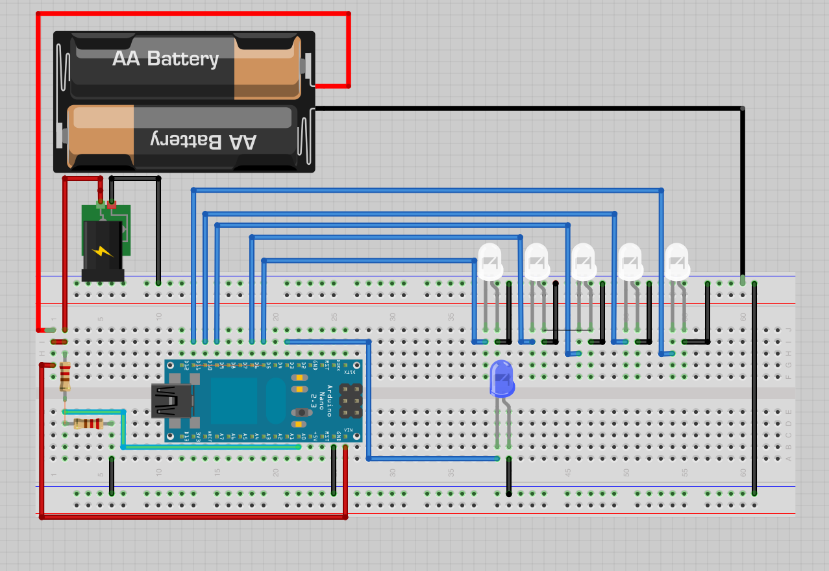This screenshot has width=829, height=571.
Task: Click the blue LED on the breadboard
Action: pyautogui.click(x=501, y=380)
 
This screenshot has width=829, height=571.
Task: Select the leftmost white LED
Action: pyautogui.click(x=490, y=261)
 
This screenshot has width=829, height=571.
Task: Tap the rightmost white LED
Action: pyautogui.click(x=677, y=261)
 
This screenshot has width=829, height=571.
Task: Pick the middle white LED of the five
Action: pyautogui.click(x=584, y=261)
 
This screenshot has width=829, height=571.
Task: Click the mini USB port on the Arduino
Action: pyautogui.click(x=170, y=400)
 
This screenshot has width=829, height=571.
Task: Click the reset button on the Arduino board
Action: pyautogui.click(x=300, y=413)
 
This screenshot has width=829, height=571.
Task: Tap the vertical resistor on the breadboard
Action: pyautogui.click(x=65, y=376)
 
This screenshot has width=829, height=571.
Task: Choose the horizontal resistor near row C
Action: pyautogui.click(x=88, y=424)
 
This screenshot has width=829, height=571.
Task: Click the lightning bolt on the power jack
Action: pyautogui.click(x=103, y=251)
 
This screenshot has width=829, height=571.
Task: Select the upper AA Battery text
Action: pyautogui.click(x=166, y=58)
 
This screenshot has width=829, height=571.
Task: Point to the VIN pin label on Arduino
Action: pyautogui.click(x=349, y=430)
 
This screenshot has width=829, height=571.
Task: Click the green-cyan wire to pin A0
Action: pyautogui.click(x=208, y=446)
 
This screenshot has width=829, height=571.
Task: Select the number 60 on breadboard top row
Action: pyautogui.click(x=743, y=317)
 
